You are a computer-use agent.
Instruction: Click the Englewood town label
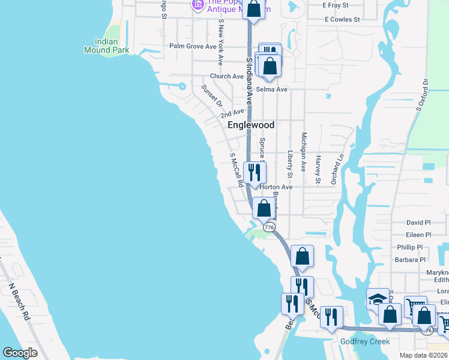tap(251, 125)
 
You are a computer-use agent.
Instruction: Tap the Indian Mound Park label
tap(112, 46)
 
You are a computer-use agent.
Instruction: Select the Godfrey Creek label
tap(365, 341)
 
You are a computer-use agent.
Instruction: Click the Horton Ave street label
tap(276, 187)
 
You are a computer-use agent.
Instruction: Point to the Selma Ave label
tap(272, 89)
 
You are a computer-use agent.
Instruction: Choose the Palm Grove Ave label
tap(192, 46)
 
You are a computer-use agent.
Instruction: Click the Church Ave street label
tap(226, 76)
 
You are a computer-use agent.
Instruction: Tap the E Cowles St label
tap(342, 19)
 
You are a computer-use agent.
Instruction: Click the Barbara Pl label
tap(409, 260)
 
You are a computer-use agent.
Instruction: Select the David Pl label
tap(418, 222)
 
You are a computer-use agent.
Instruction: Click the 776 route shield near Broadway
tap(269, 227)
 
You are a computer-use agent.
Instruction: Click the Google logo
tap(20, 353)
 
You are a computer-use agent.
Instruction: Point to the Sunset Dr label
tap(212, 95)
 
